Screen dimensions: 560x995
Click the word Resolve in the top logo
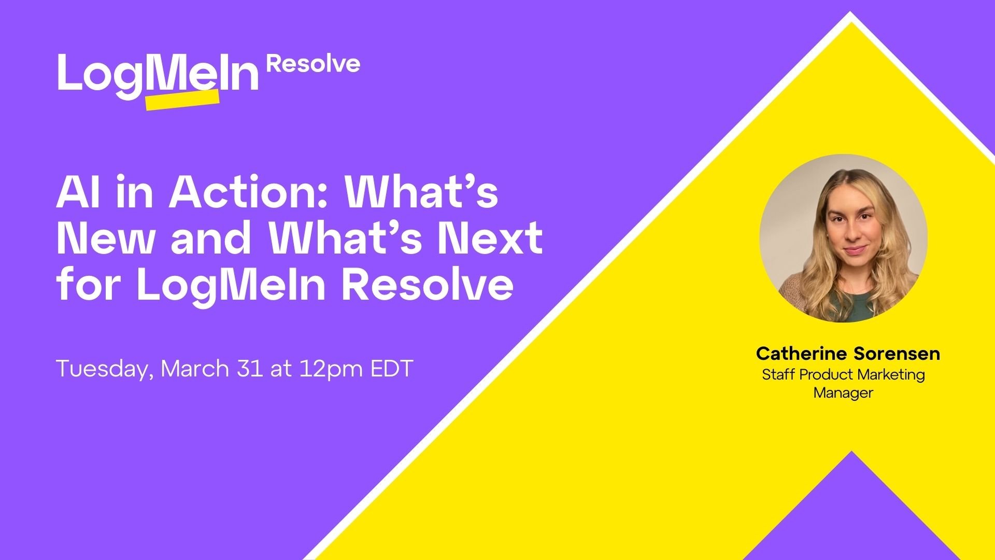click(313, 64)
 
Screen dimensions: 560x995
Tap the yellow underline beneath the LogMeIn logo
click(182, 100)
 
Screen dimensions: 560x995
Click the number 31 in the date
click(250, 369)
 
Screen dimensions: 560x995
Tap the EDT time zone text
click(392, 369)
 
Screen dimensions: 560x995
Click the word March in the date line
click(195, 369)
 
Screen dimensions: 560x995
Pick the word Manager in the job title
click(843, 393)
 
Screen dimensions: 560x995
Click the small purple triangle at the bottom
click(851, 513)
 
